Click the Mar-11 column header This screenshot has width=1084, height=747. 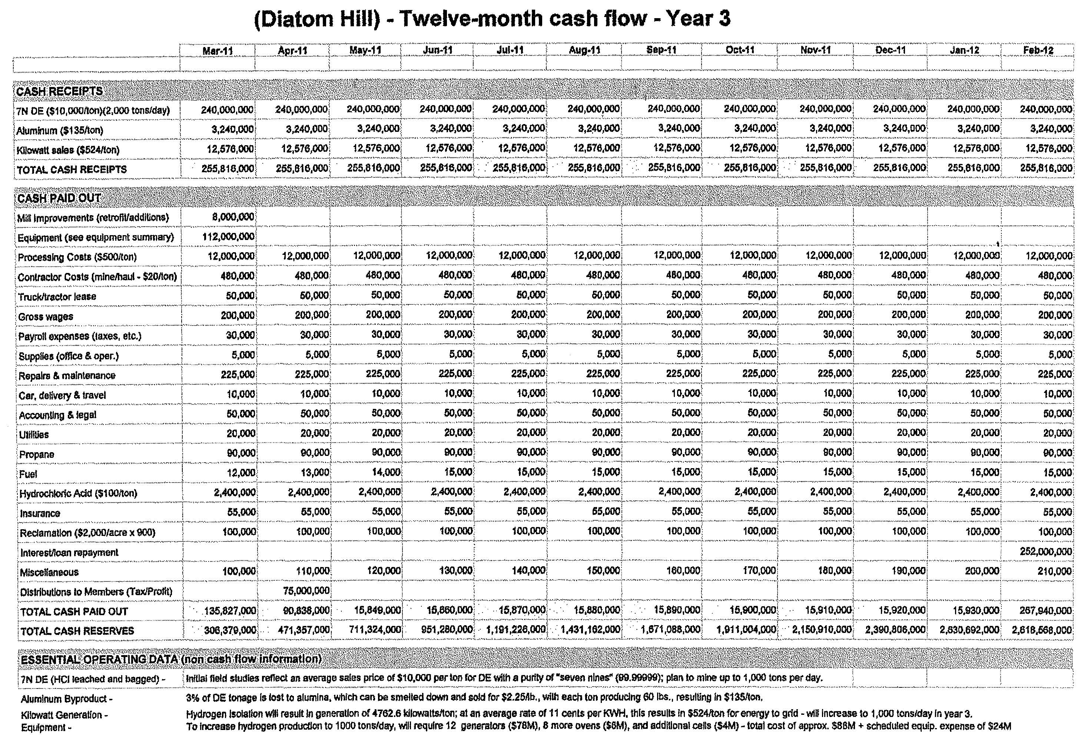pyautogui.click(x=218, y=50)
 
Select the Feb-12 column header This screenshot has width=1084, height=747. pyautogui.click(x=1038, y=50)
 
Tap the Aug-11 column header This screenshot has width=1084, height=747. pyautogui.click(x=584, y=50)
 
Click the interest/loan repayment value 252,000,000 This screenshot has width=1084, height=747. pyautogui.click(x=1045, y=552)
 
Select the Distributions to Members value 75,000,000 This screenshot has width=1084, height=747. pyautogui.click(x=306, y=591)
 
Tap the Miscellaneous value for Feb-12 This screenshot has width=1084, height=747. pyautogui.click(x=1054, y=571)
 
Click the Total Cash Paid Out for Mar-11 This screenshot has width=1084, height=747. pyautogui.click(x=230, y=611)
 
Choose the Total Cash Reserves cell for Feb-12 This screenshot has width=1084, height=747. pyautogui.click(x=1042, y=630)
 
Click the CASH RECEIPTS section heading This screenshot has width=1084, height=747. pyautogui.click(x=59, y=91)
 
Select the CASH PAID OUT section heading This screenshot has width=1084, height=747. pyautogui.click(x=59, y=199)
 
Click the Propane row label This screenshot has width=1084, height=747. pyautogui.click(x=37, y=454)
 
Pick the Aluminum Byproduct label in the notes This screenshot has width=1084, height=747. pyautogui.click(x=66, y=699)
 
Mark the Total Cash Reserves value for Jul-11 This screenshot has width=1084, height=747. pyautogui.click(x=516, y=630)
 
